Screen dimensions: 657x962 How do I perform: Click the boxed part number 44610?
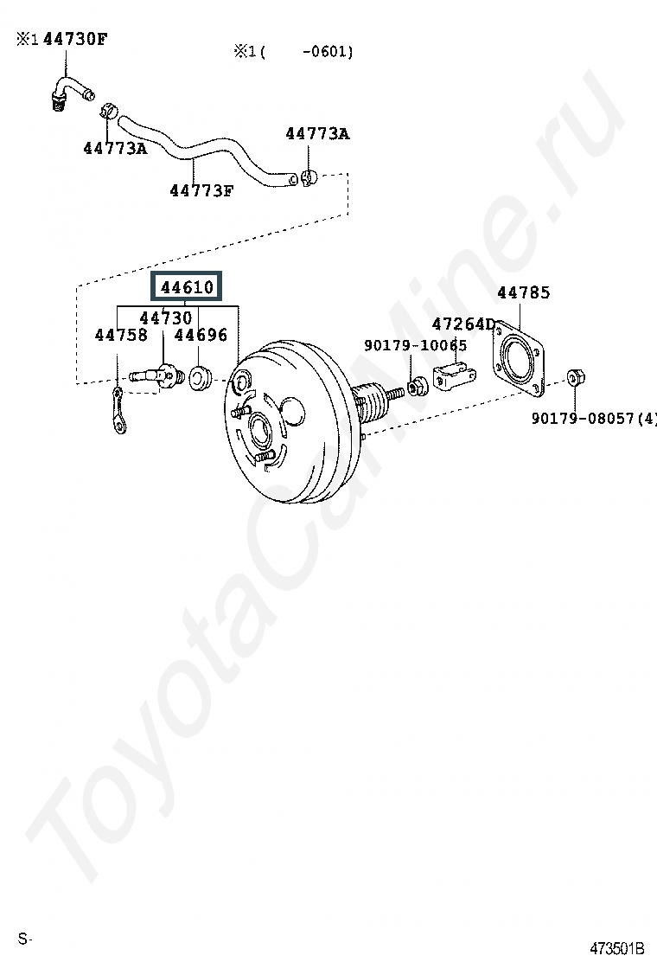pos(187,286)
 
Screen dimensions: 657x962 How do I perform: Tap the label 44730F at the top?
pos(75,40)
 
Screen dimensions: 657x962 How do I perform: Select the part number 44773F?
pos(201,191)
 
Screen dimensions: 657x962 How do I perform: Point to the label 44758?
pos(121,335)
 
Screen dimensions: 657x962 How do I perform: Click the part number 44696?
pos(201,335)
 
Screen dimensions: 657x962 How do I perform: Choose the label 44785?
pos(523,292)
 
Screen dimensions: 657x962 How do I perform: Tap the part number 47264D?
pos(463,324)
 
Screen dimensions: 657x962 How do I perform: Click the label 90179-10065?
pos(416,345)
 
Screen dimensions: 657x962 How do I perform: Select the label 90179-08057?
pos(583,419)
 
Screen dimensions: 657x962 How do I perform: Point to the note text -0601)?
pos(328,52)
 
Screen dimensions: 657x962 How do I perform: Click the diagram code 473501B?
pos(617,948)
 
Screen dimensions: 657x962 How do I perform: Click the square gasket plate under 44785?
pos(519,359)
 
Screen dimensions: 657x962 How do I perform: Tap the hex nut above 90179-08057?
pos(575,376)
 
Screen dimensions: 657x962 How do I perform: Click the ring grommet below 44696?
pos(200,378)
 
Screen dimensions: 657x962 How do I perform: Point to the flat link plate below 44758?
pos(119,411)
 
